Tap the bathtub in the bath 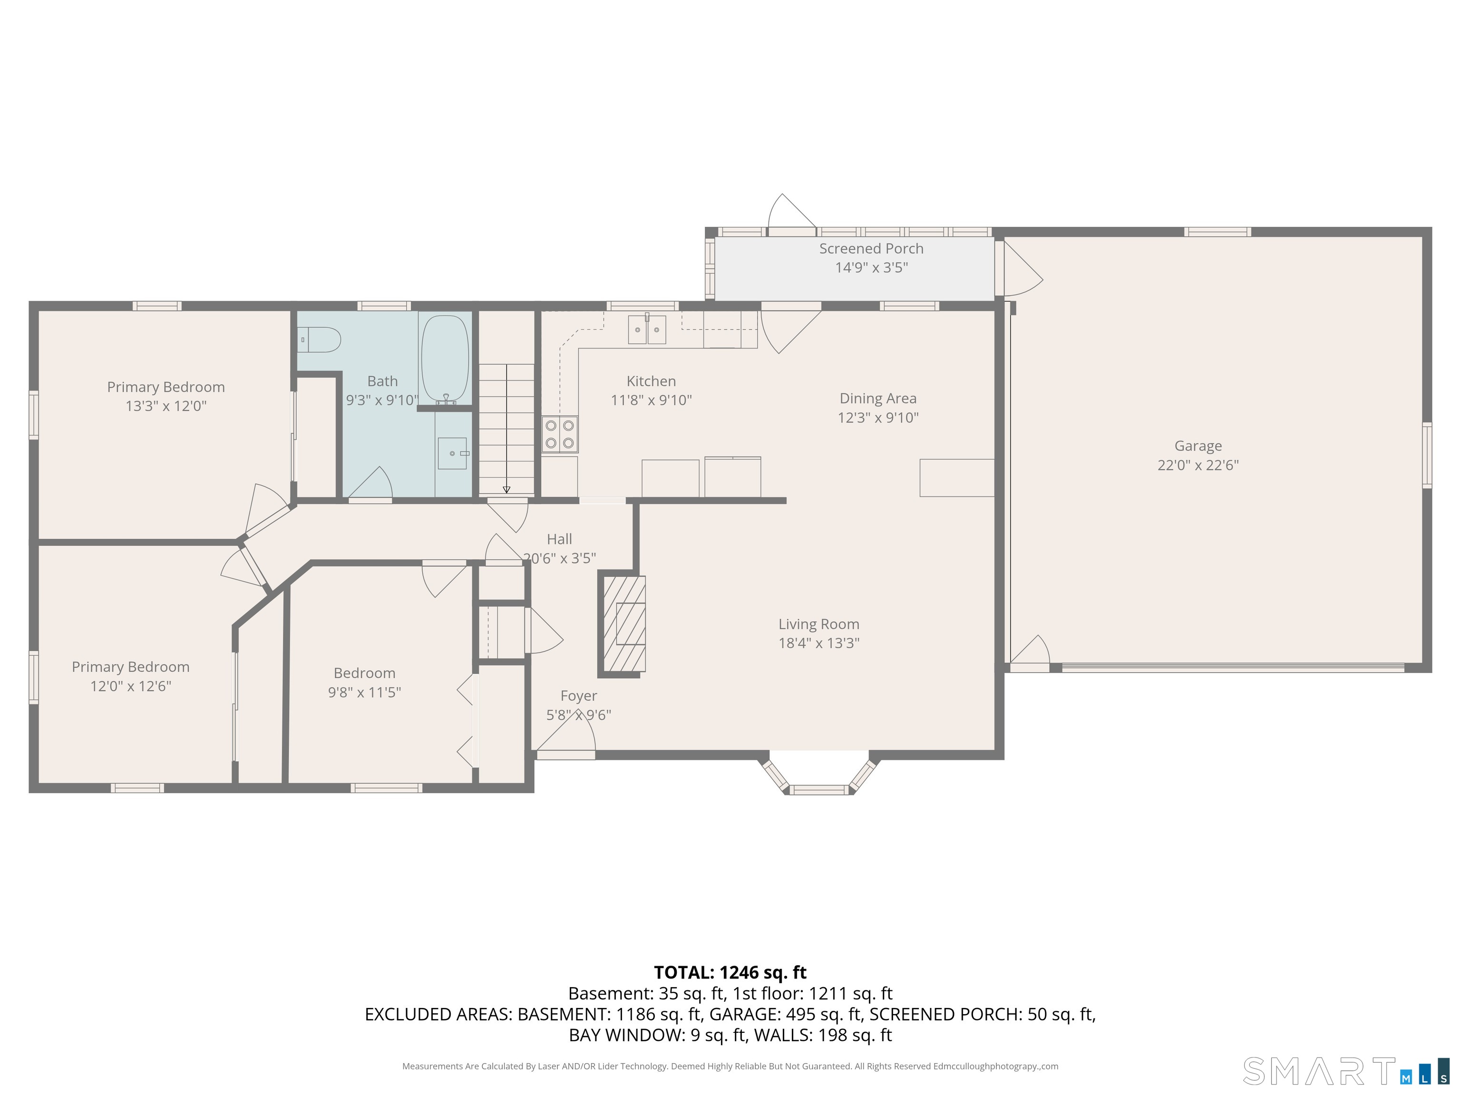(445, 360)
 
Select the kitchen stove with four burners (559, 434)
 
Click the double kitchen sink (647, 330)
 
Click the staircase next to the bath (506, 430)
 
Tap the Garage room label (1198, 446)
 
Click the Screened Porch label (871, 248)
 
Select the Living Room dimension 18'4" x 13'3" (818, 643)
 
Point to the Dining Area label (878, 398)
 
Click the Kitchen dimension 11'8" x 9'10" (651, 400)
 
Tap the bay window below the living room (819, 776)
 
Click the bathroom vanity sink (452, 453)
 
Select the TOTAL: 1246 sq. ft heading (730, 972)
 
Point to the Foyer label (579, 695)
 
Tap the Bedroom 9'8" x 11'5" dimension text (365, 692)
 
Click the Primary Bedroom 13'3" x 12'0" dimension (166, 406)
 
